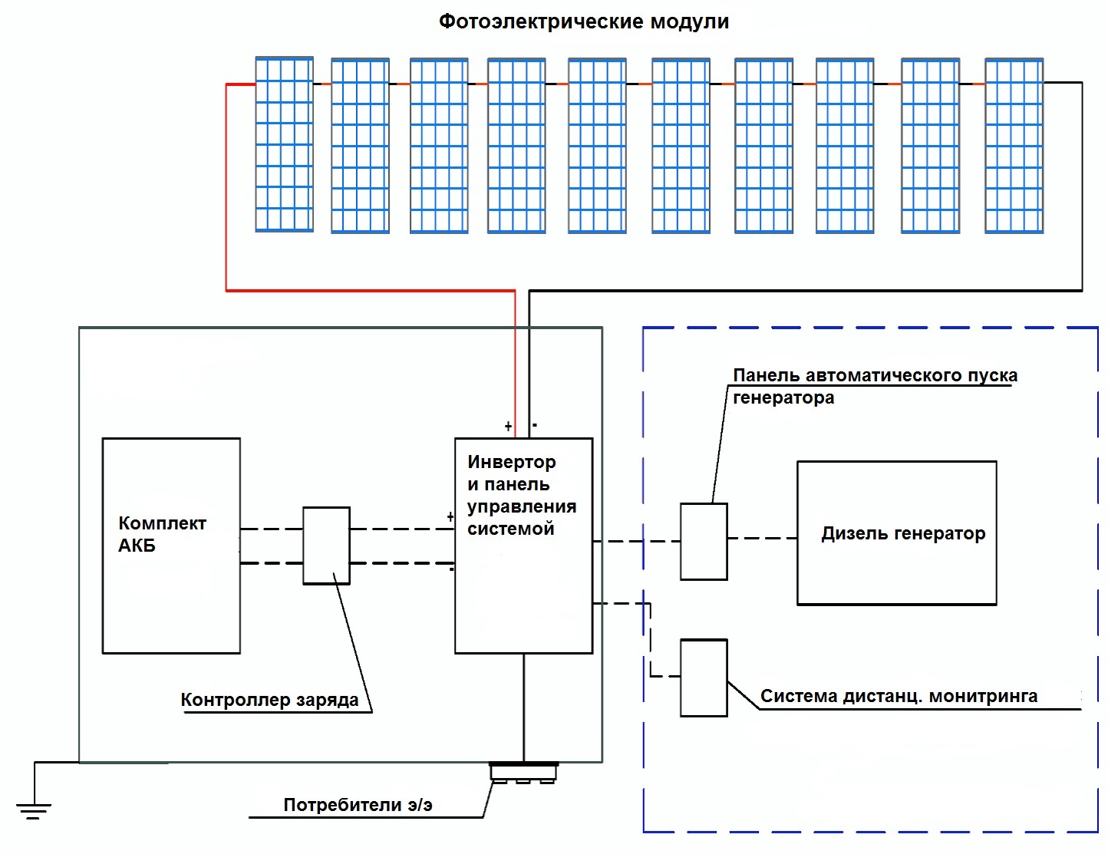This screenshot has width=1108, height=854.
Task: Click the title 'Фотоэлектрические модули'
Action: tap(584, 22)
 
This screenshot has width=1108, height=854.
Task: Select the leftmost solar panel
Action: tap(284, 144)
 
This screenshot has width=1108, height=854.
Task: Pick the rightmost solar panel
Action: tap(1014, 146)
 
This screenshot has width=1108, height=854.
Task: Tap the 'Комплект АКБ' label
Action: tap(162, 534)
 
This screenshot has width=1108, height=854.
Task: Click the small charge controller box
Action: tap(326, 546)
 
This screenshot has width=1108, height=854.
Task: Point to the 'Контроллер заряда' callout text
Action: tap(270, 700)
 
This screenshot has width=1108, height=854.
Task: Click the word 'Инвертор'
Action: tap(512, 462)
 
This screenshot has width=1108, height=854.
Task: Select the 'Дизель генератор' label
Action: tap(903, 534)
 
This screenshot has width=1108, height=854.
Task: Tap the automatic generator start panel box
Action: tap(704, 542)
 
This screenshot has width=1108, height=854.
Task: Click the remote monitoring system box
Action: tap(704, 678)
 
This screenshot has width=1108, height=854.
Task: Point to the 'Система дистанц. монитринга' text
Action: tap(899, 696)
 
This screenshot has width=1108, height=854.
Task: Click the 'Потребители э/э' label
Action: tap(358, 805)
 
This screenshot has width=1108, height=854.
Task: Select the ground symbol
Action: tap(34, 811)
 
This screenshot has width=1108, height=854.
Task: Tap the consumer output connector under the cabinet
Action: tap(523, 773)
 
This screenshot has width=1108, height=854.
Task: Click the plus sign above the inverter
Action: tap(508, 427)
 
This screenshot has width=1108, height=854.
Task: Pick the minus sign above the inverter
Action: tap(534, 424)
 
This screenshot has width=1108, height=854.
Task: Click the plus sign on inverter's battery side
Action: tap(450, 517)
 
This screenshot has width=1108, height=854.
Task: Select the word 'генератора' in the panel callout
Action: tap(783, 398)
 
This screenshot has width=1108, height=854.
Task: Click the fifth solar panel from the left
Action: tap(597, 146)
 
